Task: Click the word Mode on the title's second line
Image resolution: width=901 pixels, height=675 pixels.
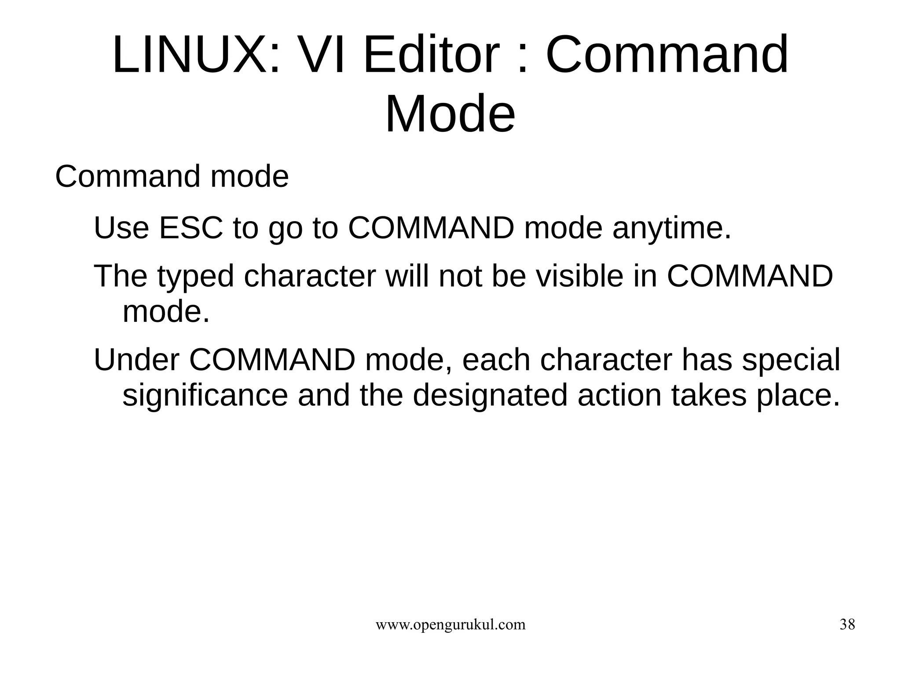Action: (x=450, y=114)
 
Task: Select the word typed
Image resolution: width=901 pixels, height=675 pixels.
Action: (x=195, y=277)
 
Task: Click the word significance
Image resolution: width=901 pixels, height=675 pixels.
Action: (x=205, y=395)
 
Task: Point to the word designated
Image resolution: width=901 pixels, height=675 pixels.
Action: (x=490, y=395)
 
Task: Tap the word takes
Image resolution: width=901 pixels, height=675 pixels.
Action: (x=709, y=395)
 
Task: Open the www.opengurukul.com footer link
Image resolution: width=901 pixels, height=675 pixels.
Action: (x=450, y=624)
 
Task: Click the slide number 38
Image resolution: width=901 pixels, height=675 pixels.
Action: (x=847, y=624)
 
